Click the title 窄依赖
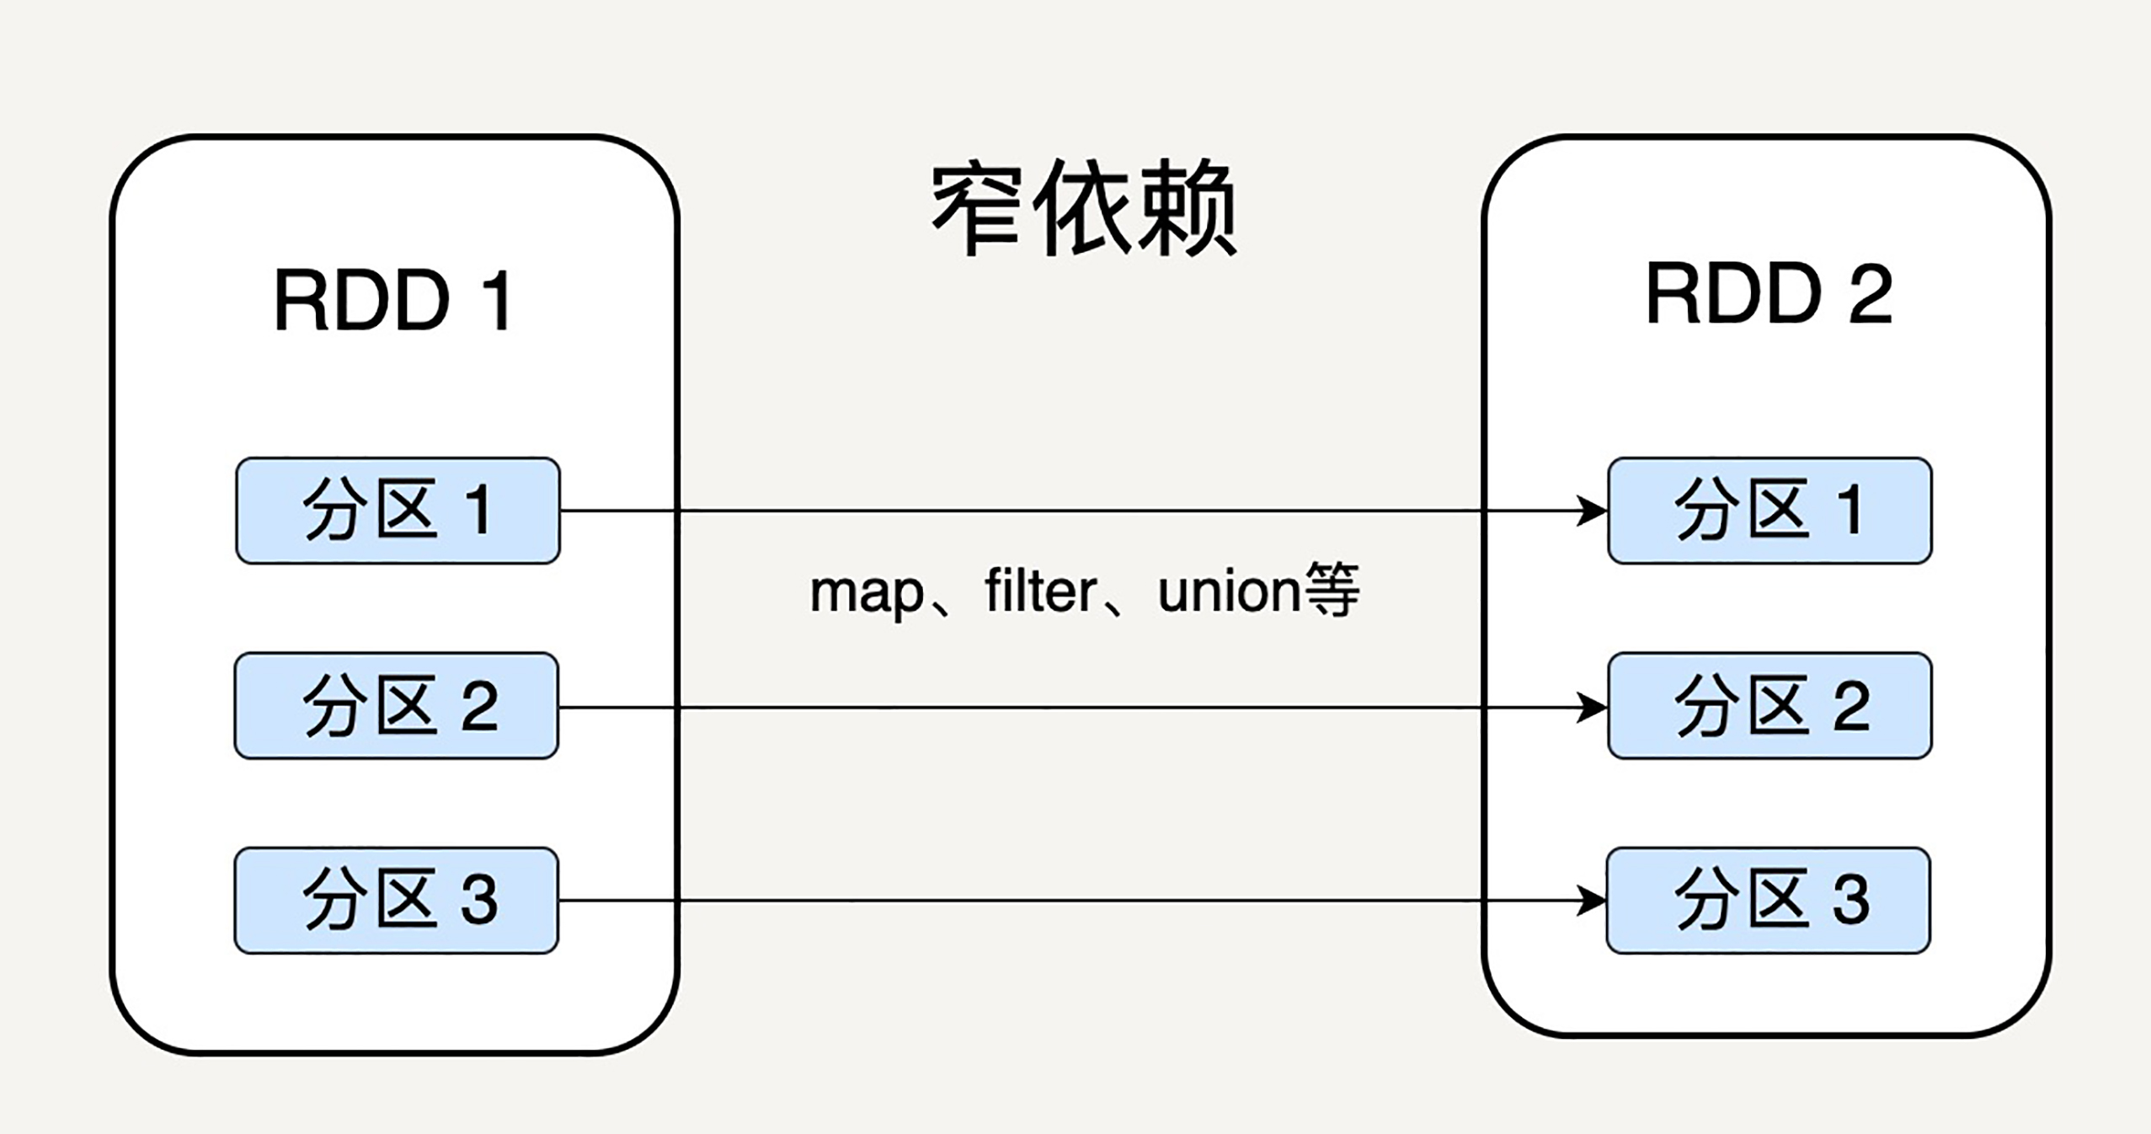[x=1084, y=208]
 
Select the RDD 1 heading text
[x=393, y=301]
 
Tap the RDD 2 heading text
[x=1768, y=294]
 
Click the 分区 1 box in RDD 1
[x=398, y=511]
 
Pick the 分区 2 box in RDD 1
[x=397, y=706]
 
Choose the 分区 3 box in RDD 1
[x=397, y=901]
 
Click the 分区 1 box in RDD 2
[x=1769, y=511]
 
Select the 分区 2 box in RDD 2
[x=1769, y=706]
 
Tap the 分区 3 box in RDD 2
[x=1768, y=901]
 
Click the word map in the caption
[x=867, y=593]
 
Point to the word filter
[x=1040, y=591]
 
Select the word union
[x=1229, y=591]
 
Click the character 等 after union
[x=1331, y=590]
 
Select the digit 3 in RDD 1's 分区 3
[x=479, y=900]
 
